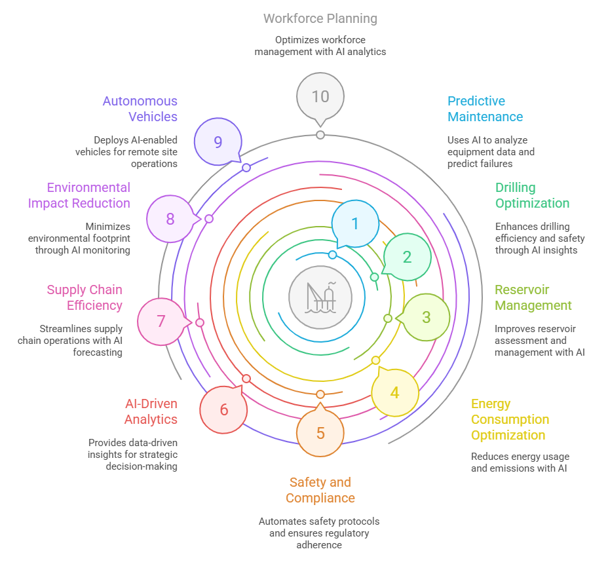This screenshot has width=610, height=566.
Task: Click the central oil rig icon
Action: point(320,297)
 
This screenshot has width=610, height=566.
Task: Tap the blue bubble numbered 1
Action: point(355,223)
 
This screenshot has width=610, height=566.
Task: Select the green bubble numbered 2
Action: point(407,257)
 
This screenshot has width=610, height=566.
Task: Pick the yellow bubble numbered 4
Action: point(394,392)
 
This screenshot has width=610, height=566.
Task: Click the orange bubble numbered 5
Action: point(320,433)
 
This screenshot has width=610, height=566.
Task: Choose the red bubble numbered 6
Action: point(224,409)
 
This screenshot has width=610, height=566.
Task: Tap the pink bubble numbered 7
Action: point(161,322)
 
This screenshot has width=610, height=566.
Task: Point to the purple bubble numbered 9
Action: point(218,141)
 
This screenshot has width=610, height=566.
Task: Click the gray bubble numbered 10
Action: point(320,96)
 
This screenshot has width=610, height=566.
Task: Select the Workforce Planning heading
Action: point(320,18)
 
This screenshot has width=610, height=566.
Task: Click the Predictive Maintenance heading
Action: point(485,109)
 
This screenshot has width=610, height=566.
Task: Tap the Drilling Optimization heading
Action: point(532,195)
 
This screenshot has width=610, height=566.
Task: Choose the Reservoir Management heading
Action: point(533,297)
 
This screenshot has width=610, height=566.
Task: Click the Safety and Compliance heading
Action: point(320,490)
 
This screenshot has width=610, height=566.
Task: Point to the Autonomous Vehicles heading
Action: point(140,109)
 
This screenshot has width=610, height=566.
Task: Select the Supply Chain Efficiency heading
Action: point(85,297)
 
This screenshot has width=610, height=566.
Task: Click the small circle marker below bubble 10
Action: point(320,135)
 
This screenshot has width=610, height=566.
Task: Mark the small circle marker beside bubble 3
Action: point(388,318)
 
